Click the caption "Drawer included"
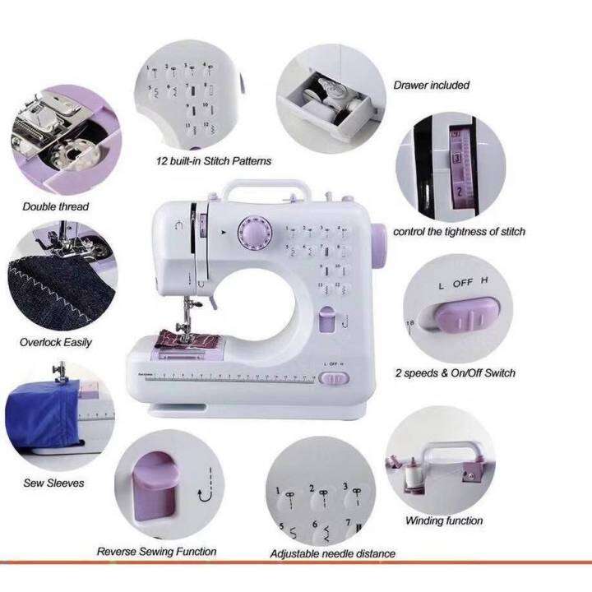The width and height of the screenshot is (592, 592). pyautogui.click(x=431, y=85)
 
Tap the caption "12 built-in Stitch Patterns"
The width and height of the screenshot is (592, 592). pyautogui.click(x=213, y=161)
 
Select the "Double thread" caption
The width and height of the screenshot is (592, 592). pyautogui.click(x=55, y=206)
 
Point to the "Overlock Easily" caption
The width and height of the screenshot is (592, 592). pyautogui.click(x=56, y=342)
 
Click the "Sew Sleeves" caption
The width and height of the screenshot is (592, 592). pyautogui.click(x=53, y=483)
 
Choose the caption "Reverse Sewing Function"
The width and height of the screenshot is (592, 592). pyautogui.click(x=156, y=551)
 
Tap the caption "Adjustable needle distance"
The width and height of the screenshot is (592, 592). pyautogui.click(x=332, y=553)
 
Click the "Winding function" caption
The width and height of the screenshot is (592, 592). pyautogui.click(x=444, y=520)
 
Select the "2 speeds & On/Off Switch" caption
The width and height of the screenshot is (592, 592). pyautogui.click(x=455, y=372)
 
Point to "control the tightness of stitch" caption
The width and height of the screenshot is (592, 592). pyautogui.click(x=459, y=232)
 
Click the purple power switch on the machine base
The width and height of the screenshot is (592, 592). pyautogui.click(x=332, y=379)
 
